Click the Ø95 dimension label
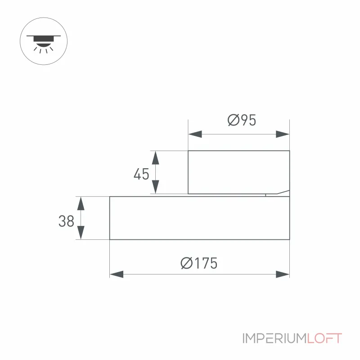point(242,120)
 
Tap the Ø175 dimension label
point(199,263)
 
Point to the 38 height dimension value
point(66,221)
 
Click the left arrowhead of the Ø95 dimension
point(195,134)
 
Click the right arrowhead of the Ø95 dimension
point(283,134)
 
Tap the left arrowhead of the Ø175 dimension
point(117,274)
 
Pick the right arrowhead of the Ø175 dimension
point(283,274)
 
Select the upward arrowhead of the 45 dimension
point(156,158)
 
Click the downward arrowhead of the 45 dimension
point(156,187)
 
